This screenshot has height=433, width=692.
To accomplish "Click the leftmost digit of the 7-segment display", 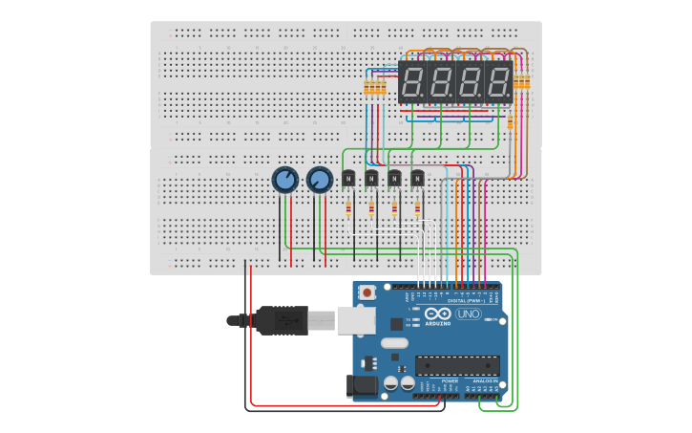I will tap(412, 83).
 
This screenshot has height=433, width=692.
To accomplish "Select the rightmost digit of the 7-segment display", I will tap(498, 83).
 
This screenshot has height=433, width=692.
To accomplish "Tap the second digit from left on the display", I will tap(441, 83).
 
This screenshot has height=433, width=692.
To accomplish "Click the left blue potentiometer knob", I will tap(284, 179).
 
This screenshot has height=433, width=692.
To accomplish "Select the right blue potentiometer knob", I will tap(319, 179).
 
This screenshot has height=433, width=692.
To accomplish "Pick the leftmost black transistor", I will tap(348, 178).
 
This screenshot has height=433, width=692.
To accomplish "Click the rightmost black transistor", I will tap(417, 178).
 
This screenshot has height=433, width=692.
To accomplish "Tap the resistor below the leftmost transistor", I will tap(348, 209).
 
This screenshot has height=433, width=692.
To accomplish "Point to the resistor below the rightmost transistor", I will tap(417, 209).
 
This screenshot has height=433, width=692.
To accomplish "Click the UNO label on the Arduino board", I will tap(469, 314).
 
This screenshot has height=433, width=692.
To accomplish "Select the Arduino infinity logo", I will tap(439, 314).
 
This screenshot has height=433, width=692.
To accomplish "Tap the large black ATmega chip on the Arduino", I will tap(456, 365).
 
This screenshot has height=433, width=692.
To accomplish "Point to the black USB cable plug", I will tap(283, 321).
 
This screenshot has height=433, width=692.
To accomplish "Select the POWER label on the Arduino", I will tap(450, 380).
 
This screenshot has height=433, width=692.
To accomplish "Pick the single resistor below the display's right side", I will tap(510, 122).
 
